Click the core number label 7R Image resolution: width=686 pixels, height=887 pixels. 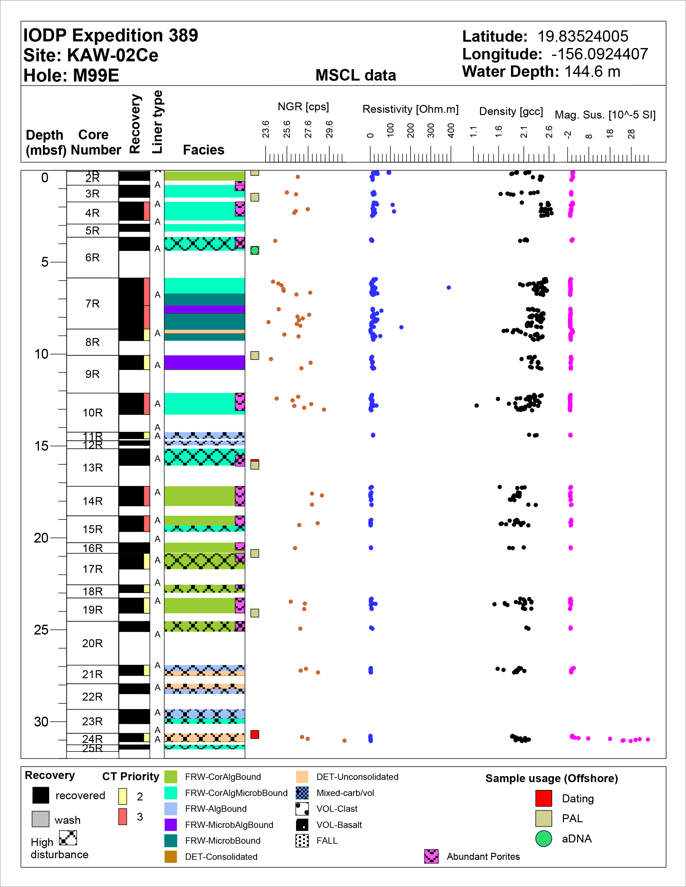(x=92, y=304)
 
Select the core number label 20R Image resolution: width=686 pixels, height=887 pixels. (x=92, y=643)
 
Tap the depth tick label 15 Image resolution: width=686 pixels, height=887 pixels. (x=41, y=446)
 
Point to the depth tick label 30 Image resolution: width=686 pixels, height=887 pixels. (x=41, y=722)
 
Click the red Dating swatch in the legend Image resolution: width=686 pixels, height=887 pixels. (x=543, y=799)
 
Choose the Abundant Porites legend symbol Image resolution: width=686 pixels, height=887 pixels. (x=431, y=856)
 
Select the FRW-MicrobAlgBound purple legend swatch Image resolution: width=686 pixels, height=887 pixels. (x=171, y=824)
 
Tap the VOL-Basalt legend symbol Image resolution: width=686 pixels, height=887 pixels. (x=302, y=824)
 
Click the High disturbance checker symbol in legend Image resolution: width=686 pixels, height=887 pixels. (x=68, y=837)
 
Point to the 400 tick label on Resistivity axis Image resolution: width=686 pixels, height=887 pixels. (x=451, y=131)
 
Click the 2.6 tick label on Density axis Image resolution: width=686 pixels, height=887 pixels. (x=549, y=131)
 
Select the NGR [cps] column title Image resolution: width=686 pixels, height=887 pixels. (x=303, y=107)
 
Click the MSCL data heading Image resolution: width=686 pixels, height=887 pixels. (x=355, y=75)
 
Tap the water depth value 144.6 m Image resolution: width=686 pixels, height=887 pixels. (x=592, y=72)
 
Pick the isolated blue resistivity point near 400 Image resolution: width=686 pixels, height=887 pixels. (x=449, y=288)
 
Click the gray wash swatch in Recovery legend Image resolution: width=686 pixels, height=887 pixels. (x=40, y=819)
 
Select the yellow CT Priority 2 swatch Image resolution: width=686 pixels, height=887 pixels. (x=123, y=796)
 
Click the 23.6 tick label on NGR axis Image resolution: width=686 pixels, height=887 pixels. (x=265, y=129)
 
